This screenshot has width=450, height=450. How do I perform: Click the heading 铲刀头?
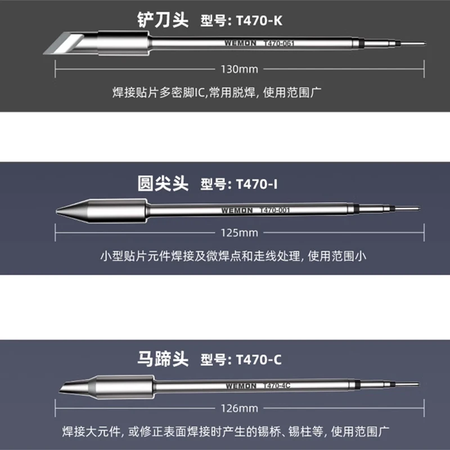click(x=163, y=20)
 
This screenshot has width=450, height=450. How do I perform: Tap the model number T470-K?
click(x=259, y=21)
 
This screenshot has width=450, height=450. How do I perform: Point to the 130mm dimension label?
click(x=240, y=69)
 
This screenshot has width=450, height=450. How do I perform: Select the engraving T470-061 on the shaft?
click(x=278, y=43)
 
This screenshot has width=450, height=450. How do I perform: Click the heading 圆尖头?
click(x=163, y=184)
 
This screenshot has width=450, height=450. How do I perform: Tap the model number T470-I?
click(x=257, y=184)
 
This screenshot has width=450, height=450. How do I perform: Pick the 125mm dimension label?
click(x=240, y=233)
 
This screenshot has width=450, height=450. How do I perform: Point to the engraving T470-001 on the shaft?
click(x=274, y=210)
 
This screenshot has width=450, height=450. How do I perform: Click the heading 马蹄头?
click(x=163, y=359)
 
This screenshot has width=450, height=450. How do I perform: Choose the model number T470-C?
click(x=259, y=359)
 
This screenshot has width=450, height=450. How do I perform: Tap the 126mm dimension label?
click(x=240, y=408)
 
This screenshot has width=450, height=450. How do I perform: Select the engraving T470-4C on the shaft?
click(x=277, y=386)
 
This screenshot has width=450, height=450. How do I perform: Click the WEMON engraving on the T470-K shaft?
click(x=240, y=43)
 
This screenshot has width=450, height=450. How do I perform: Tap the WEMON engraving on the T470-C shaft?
click(x=241, y=386)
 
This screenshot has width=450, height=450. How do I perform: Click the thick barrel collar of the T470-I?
click(x=118, y=211)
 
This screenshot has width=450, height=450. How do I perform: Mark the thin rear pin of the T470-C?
click(x=408, y=384)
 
